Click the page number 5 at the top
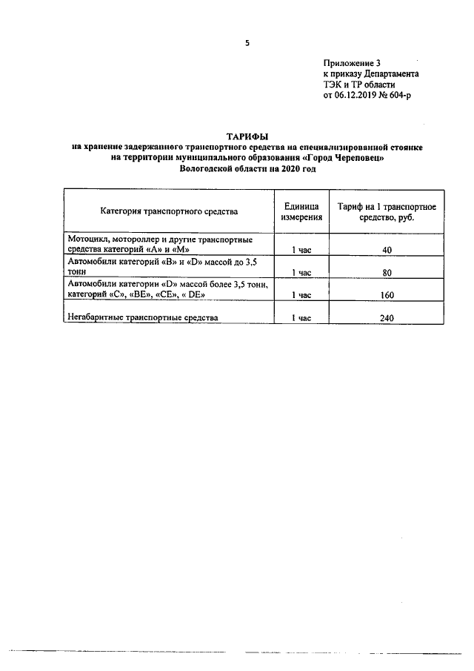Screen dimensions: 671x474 [x=247, y=43]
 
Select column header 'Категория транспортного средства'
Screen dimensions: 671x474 [x=169, y=212]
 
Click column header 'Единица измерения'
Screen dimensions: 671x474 [x=301, y=211]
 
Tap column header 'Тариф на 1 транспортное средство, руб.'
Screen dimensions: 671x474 [x=387, y=211]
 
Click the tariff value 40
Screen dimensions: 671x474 [x=387, y=250]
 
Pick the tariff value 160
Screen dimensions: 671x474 [x=387, y=295]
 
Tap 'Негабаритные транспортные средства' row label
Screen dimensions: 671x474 [x=143, y=318]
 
